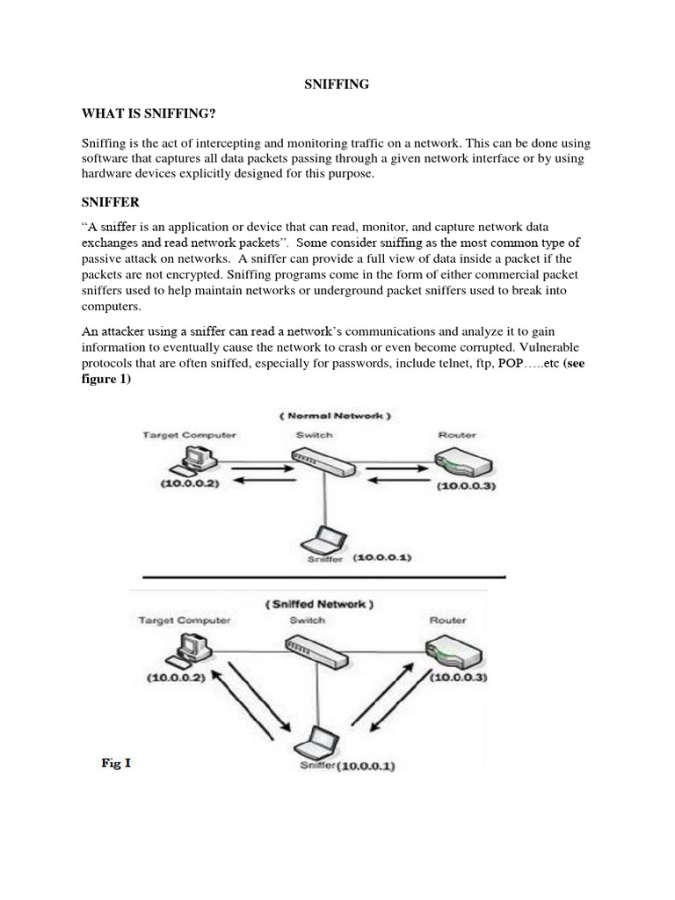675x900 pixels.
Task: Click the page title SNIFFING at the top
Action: point(337,84)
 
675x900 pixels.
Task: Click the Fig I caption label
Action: point(116,763)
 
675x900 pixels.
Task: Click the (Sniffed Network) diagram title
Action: point(318,604)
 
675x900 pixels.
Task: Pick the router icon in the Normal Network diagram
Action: point(457,462)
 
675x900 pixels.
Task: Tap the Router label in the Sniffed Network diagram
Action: point(447,620)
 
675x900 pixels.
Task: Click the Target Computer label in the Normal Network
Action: point(189,435)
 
